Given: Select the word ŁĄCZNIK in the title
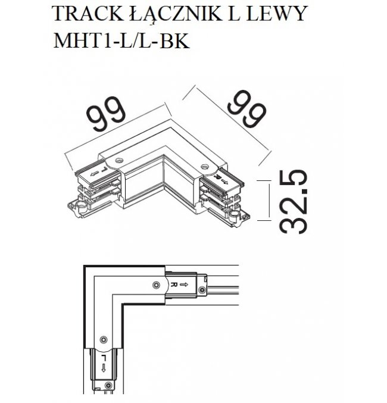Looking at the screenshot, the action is (x=174, y=14).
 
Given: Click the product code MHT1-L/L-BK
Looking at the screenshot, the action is (x=121, y=40).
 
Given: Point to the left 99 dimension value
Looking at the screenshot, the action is (x=106, y=114).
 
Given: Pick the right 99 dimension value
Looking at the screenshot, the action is (x=246, y=108).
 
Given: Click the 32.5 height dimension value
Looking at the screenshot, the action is (x=294, y=201).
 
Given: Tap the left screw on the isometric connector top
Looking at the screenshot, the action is (x=119, y=161).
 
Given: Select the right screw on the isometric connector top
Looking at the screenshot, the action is (x=205, y=167).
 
